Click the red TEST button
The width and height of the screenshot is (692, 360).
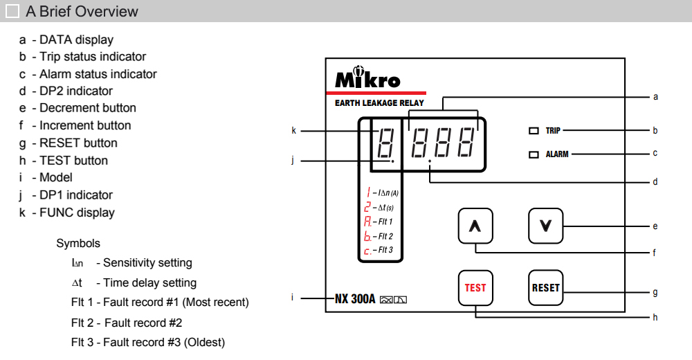pos(475,287)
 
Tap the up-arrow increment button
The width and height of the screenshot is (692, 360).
pos(475,226)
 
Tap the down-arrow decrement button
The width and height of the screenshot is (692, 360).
pos(545,226)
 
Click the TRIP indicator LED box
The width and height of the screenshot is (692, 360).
pos(534,130)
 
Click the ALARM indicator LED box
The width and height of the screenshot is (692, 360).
pos(534,154)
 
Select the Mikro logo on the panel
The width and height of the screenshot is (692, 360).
pos(367,78)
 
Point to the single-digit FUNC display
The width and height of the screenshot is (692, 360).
pos(383,144)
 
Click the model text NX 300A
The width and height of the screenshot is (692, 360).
pos(355,299)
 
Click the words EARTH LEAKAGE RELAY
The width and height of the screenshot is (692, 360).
pos(379,103)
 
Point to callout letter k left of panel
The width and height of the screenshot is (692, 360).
pos(293,130)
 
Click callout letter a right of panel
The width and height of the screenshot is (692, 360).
pos(655,96)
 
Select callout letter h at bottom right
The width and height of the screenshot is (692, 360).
pos(655,317)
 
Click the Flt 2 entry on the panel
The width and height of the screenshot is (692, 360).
pos(379,236)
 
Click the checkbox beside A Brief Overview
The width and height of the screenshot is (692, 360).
pos(12,11)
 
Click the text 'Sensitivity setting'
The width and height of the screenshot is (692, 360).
pos(147,263)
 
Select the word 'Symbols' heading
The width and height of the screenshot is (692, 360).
pos(78,244)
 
